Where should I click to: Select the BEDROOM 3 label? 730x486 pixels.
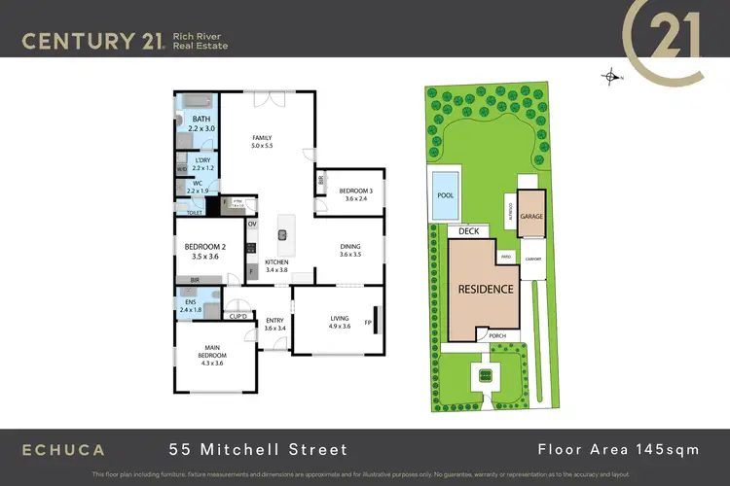(355, 192)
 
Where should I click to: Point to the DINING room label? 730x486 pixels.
(350, 249)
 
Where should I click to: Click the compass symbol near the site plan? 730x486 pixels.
(611, 75)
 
